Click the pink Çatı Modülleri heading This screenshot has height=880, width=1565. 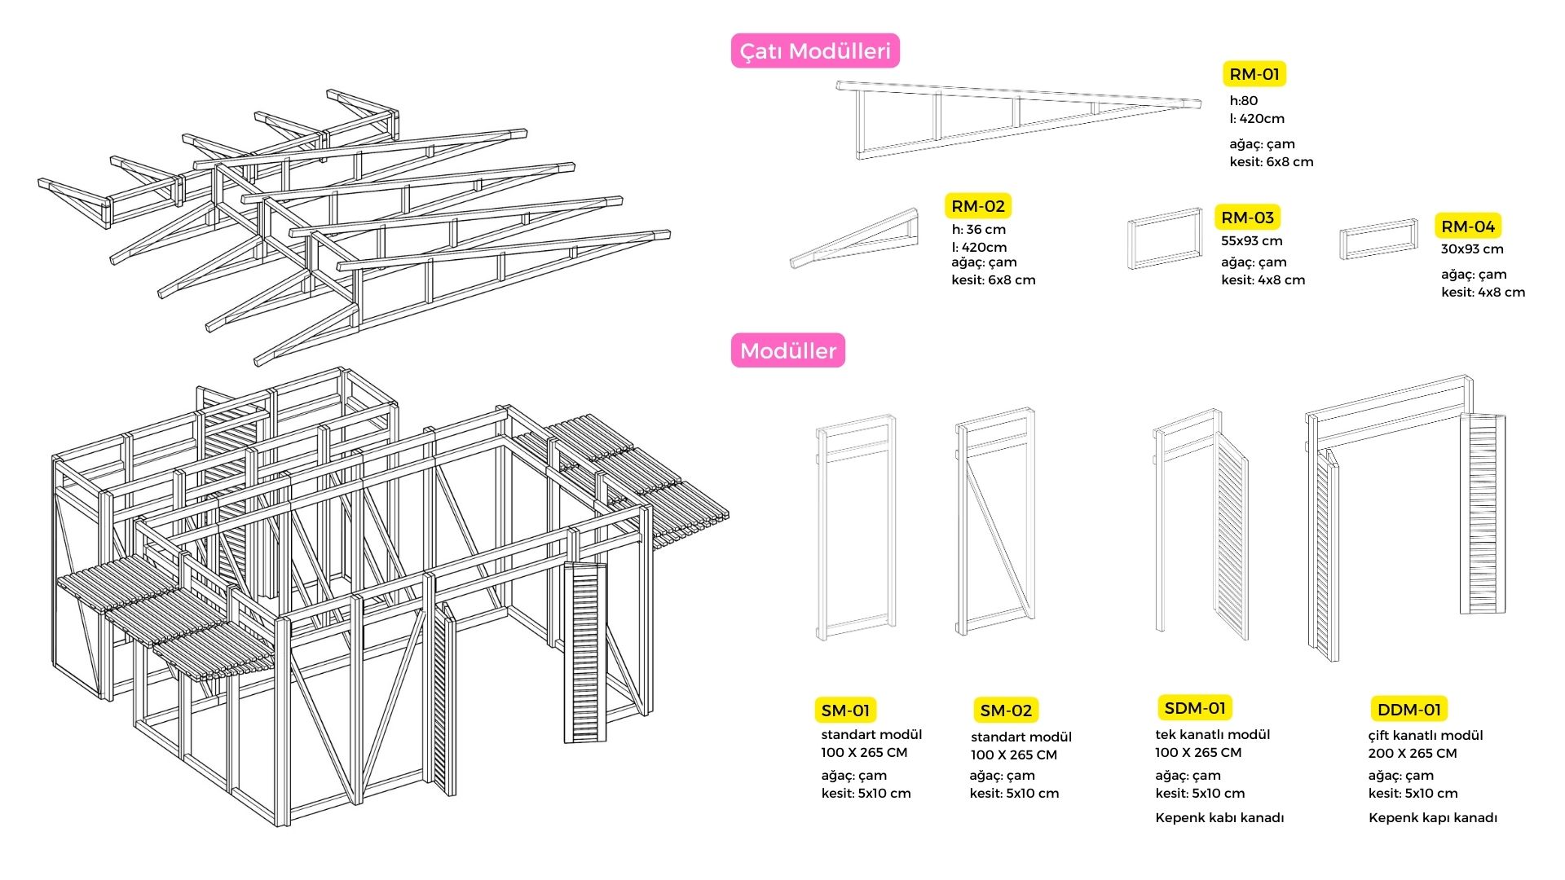coord(815,51)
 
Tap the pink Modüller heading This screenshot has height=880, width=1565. coord(787,350)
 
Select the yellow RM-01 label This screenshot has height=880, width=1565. coord(1254,74)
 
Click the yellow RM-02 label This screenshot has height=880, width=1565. coord(977,206)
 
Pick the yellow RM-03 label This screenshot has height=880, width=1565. coord(1247,218)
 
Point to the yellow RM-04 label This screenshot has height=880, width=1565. coord(1468,227)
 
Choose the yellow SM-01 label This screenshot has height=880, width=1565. coord(845,711)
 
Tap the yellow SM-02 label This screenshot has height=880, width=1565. coord(1006,711)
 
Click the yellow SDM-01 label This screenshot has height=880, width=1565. coord(1194,708)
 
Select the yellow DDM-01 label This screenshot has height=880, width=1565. coord(1408,710)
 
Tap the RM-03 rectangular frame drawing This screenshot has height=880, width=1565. coord(1165,238)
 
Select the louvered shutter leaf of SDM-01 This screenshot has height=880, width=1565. coord(1232,538)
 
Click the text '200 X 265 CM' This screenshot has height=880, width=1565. coord(1412,754)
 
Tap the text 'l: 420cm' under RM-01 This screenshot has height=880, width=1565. coord(1257,119)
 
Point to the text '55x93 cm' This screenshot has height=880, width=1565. coord(1251,241)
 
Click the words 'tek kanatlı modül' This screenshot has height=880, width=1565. coord(1212,735)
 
